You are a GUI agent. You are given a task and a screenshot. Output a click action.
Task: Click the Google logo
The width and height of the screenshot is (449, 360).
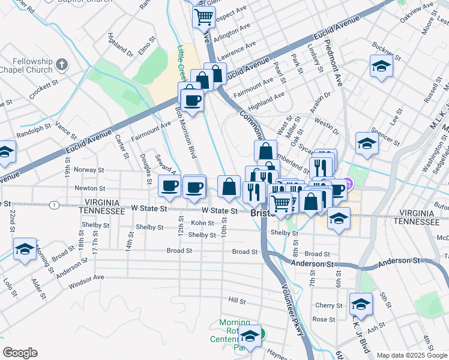click(x=20, y=353)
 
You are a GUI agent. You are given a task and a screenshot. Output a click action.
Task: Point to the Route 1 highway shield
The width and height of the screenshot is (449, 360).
click(x=55, y=205)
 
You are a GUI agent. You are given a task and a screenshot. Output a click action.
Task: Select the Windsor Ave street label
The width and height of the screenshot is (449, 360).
click(x=86, y=278)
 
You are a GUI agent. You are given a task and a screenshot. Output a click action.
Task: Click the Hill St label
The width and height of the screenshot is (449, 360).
click(x=238, y=299)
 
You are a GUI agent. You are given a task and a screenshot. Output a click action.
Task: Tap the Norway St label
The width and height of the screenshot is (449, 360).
click(x=90, y=170)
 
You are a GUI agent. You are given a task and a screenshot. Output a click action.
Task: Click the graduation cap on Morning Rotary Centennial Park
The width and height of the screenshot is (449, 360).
click(x=252, y=336)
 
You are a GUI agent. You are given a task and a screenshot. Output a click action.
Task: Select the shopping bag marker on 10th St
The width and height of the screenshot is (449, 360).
click(x=229, y=186)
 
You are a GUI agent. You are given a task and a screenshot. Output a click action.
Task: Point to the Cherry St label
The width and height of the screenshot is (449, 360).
click(x=328, y=305)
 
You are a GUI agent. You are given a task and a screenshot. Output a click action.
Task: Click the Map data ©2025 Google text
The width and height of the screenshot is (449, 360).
click(x=411, y=355)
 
